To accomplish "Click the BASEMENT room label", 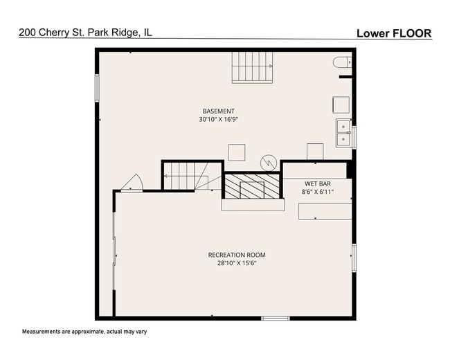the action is (218, 111).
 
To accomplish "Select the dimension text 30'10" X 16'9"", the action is (219, 120).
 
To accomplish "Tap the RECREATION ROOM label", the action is (237, 255).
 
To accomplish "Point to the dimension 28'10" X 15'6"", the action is (237, 263).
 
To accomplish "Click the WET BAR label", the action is (318, 183).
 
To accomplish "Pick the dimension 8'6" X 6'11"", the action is (318, 192).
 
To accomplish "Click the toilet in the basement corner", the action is (342, 62).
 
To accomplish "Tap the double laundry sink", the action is (343, 133).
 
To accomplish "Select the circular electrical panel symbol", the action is (269, 163).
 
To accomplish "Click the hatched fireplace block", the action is (252, 186).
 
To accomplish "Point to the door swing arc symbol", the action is (133, 182).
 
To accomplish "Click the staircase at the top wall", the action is (252, 67).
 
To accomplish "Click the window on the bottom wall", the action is (276, 318).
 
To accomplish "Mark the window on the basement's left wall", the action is (97, 88).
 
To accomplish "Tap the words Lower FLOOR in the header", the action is (394, 33).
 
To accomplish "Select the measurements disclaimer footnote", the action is (84, 332).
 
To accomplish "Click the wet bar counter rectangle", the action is (325, 211).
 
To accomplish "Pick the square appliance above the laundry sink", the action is (341, 105).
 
